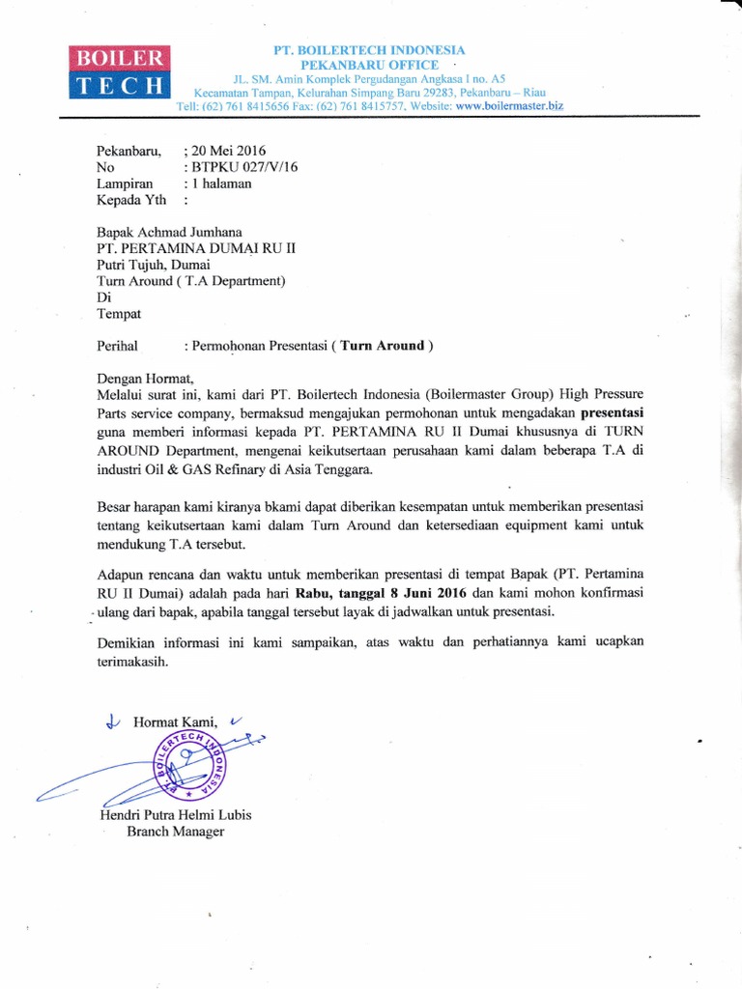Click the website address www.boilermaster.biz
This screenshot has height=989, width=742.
pos(509,105)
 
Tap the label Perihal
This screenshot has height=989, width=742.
pos(118,345)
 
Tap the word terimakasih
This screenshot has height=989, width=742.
pos(131,662)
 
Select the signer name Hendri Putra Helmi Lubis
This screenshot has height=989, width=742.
pos(176,815)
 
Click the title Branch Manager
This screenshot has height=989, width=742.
pos(176,832)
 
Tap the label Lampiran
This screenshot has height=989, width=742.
pos(125,184)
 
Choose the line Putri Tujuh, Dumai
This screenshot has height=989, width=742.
pos(154,264)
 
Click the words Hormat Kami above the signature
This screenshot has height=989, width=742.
pos(174,721)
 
